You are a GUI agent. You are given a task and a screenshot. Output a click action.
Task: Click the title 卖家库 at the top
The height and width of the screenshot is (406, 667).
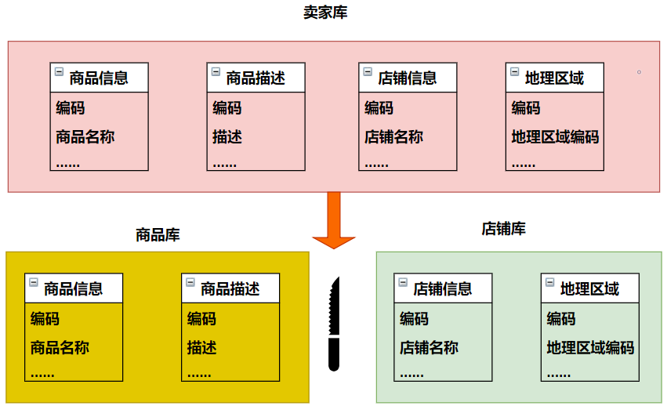tap(325, 13)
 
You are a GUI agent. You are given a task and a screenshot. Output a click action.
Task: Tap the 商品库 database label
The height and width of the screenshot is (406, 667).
tap(158, 234)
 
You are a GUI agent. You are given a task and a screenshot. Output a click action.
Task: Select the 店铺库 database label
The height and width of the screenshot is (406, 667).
tap(503, 229)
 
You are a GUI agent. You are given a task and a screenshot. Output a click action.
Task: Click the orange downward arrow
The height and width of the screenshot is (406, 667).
tap(334, 220)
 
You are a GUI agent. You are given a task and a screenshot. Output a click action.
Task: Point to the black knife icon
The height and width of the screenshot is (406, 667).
tap(335, 323)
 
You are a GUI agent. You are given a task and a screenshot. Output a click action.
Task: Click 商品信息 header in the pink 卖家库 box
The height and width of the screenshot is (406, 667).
tap(98, 78)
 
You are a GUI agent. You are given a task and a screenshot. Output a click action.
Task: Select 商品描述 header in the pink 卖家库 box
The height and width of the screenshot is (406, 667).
tap(256, 78)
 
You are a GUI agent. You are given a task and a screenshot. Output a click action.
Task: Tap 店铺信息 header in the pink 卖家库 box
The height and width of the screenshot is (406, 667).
tap(407, 78)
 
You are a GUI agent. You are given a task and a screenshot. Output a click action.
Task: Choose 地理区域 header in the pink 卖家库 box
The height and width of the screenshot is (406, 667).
tap(554, 78)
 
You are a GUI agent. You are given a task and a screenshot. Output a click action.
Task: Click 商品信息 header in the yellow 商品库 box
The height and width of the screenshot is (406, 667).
tap(73, 288)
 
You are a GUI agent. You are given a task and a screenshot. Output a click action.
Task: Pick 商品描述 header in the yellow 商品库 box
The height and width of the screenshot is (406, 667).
tap(230, 288)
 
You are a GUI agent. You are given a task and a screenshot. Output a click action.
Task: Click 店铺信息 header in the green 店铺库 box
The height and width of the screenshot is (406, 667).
tap(443, 288)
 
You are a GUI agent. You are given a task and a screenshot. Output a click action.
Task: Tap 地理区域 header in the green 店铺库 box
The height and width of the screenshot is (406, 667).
tap(589, 288)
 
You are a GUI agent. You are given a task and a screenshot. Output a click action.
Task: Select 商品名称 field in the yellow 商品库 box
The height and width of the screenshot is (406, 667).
tap(60, 347)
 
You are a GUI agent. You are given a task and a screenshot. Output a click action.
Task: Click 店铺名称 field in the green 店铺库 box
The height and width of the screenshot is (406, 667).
tap(429, 347)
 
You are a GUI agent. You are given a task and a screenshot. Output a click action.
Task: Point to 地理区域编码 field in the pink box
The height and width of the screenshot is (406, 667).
tap(555, 136)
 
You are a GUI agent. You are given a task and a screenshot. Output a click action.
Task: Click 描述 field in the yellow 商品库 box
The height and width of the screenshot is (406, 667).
tap(201, 347)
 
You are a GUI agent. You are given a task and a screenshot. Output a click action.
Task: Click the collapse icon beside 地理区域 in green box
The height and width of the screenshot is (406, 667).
tap(550, 282)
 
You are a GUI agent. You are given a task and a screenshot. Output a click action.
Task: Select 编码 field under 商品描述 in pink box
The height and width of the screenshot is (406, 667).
tap(227, 108)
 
